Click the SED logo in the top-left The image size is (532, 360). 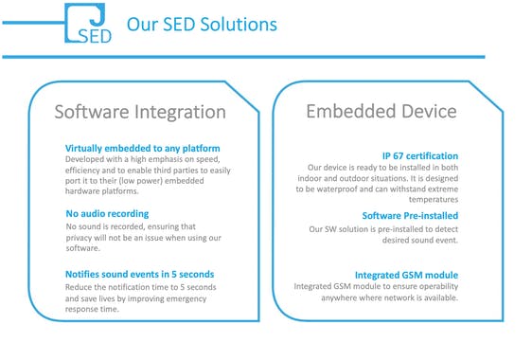point(89,23)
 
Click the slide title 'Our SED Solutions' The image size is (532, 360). point(201,24)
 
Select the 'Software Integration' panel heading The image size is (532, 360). point(140,112)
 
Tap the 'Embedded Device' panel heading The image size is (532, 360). point(381,111)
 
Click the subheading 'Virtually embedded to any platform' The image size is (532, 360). point(142,149)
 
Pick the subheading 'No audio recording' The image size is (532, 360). point(107,213)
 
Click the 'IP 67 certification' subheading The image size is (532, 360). point(419,155)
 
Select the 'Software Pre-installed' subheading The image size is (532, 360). point(410,216)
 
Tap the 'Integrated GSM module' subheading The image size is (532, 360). point(406,275)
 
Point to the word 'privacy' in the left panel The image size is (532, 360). point(81,239)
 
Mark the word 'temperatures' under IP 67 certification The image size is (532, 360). point(432,200)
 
